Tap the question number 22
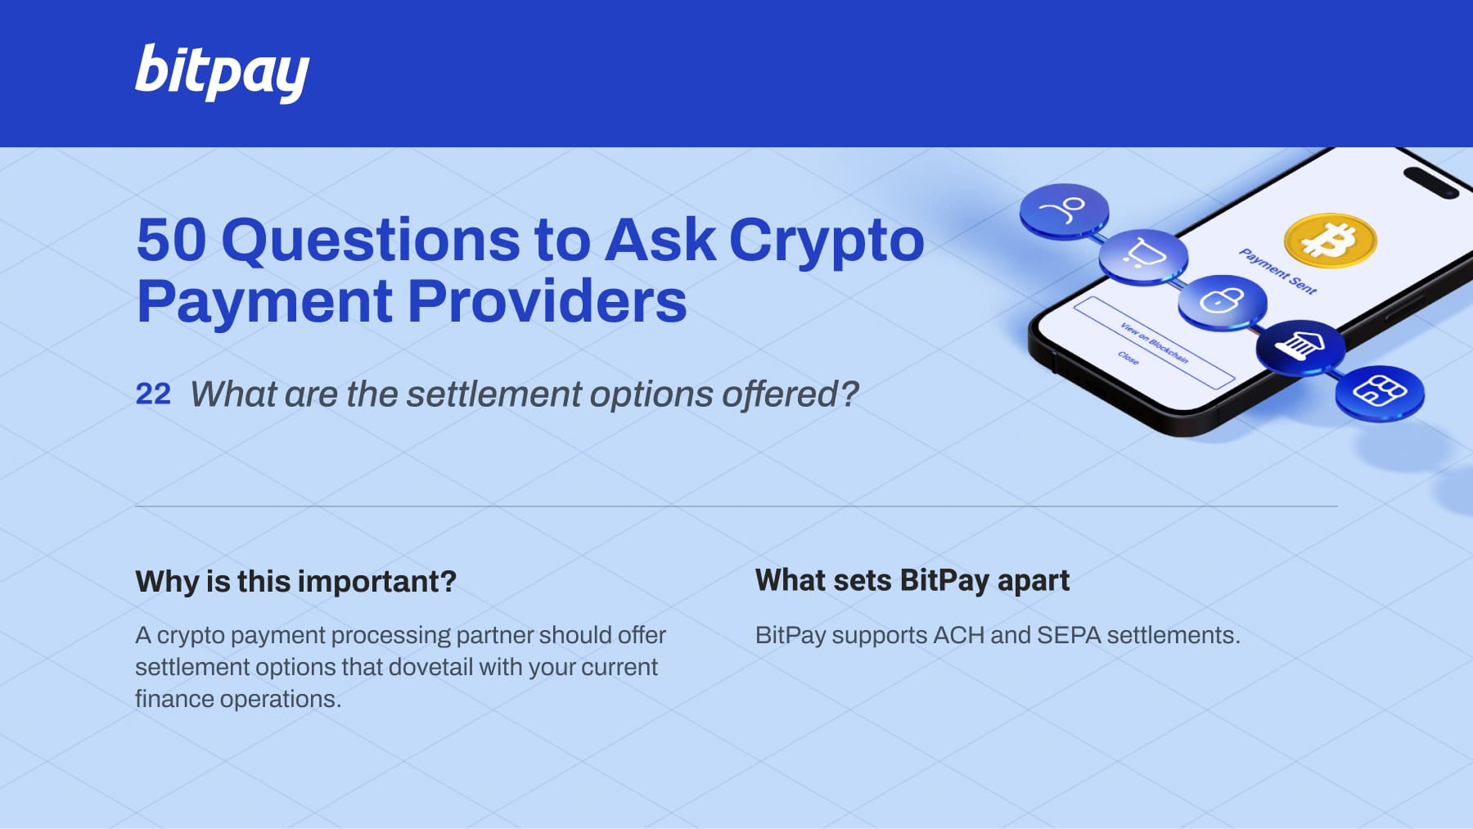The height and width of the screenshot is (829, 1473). pos(153,394)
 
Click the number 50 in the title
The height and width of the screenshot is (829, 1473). pos(172,240)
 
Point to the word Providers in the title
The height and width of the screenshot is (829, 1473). pos(547,301)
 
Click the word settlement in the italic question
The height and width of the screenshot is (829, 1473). pos(494,394)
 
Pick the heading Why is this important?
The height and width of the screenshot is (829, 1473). pos(296,582)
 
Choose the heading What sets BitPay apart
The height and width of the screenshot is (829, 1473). pos(912,581)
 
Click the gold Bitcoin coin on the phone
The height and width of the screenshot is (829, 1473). pos(1331,241)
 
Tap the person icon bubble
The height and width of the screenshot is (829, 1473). pos(1064,211)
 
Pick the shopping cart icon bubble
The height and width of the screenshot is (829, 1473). pos(1143,256)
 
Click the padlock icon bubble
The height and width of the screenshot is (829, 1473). pos(1223,302)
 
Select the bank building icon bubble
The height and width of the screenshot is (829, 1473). pos(1300,347)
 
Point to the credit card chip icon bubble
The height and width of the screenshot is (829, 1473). pos(1380,393)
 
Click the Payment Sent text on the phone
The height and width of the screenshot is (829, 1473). pos(1277,271)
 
